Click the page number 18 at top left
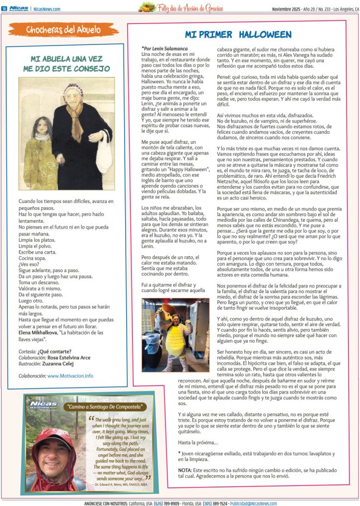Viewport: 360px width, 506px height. [4, 8]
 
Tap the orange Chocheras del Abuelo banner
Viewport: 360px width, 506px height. [63, 30]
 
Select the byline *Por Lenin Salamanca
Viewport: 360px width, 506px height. [164, 49]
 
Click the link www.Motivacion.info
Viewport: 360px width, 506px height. [70, 376]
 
